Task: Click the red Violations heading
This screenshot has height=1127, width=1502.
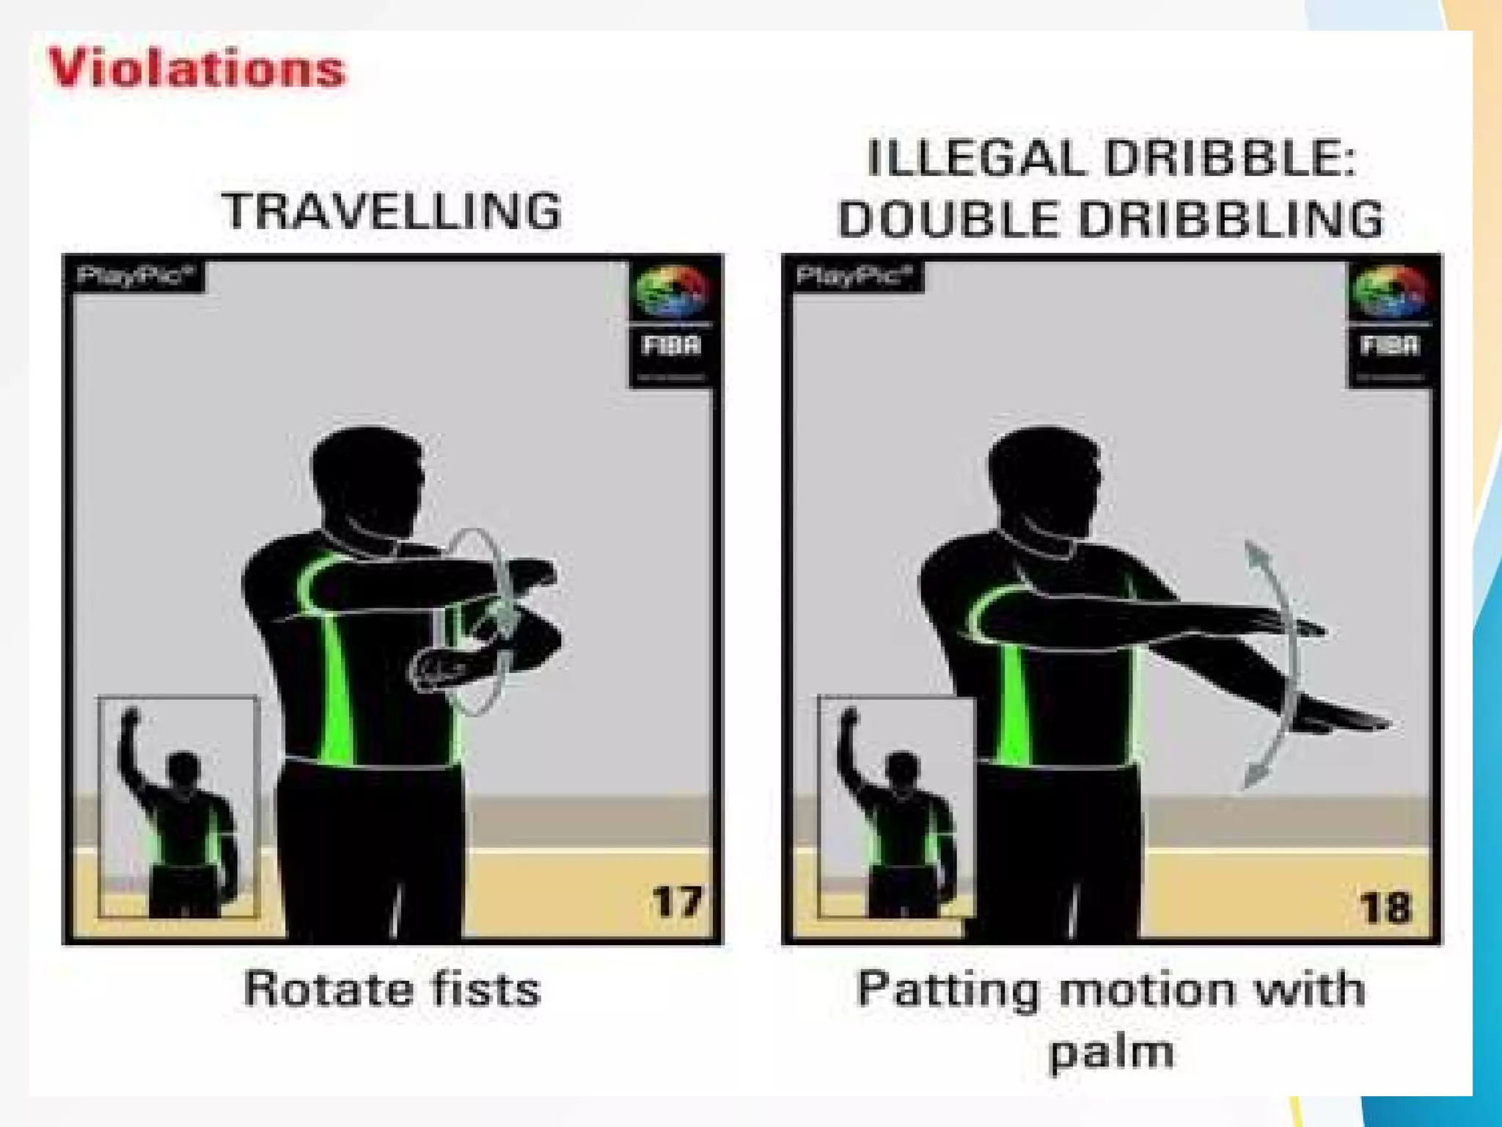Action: click(197, 70)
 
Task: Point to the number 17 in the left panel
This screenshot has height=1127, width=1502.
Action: click(676, 902)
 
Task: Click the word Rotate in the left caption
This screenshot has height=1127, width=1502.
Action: click(329, 989)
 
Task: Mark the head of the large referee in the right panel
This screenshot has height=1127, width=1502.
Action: click(1044, 481)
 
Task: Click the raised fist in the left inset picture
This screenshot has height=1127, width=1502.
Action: click(131, 717)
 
